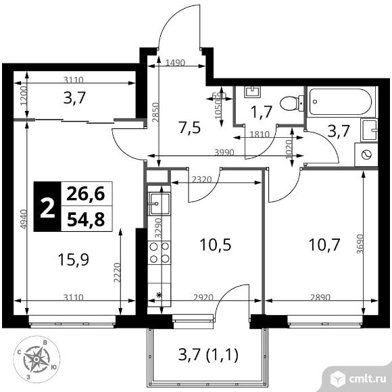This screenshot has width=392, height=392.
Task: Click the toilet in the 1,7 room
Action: click(x=289, y=103)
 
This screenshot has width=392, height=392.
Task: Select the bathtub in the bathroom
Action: click(x=341, y=103)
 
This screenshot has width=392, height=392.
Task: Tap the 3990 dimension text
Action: click(x=224, y=152)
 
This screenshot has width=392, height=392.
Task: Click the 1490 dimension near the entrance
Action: click(x=175, y=62)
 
